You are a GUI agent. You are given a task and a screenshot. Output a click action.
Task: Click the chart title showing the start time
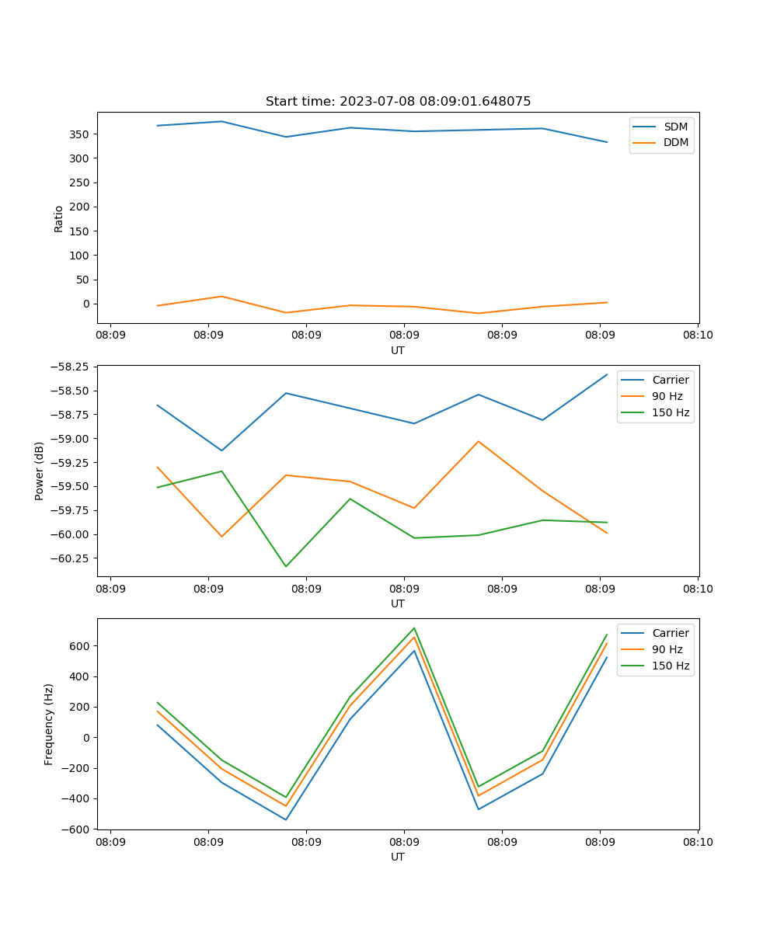(x=398, y=102)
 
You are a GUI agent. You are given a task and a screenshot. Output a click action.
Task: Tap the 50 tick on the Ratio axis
(x=83, y=280)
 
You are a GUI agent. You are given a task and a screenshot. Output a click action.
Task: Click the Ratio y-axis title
(x=59, y=218)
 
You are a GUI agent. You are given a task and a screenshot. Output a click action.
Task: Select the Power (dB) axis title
(x=40, y=471)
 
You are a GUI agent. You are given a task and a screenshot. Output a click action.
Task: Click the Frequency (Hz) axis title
(x=49, y=724)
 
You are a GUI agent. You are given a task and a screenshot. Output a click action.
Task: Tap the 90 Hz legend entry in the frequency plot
(x=667, y=649)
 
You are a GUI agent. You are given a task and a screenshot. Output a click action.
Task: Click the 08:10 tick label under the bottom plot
(x=697, y=841)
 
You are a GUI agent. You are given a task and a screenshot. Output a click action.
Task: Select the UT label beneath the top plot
(x=398, y=350)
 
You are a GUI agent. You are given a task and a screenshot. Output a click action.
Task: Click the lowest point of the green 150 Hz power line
(x=286, y=566)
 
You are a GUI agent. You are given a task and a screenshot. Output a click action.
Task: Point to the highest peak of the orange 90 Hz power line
(x=479, y=441)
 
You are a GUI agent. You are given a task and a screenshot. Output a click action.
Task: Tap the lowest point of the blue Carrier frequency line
(x=286, y=819)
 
